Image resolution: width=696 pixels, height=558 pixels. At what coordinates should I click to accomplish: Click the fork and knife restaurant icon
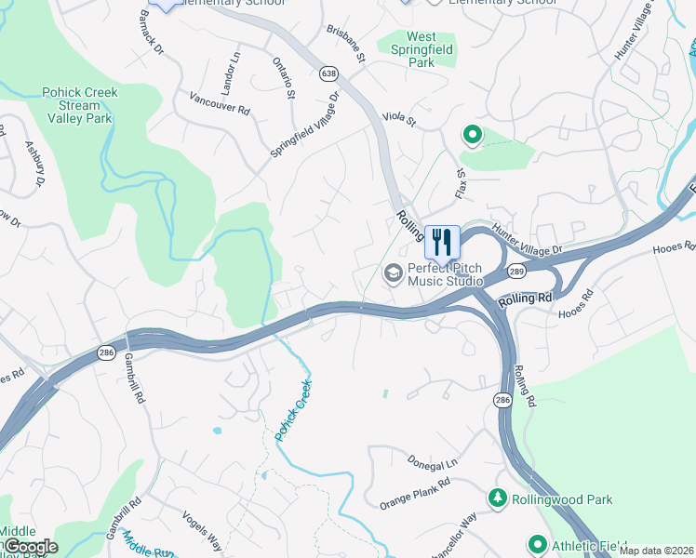(x=442, y=242)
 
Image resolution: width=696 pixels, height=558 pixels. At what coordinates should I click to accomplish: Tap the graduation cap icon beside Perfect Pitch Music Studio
(x=393, y=272)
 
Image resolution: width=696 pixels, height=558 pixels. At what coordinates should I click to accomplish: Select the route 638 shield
(x=328, y=72)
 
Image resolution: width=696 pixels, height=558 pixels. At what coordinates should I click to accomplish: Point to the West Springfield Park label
(x=422, y=50)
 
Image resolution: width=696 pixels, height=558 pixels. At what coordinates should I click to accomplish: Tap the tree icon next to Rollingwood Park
(x=499, y=499)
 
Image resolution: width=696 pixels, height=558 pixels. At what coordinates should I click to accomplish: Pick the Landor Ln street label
(x=229, y=73)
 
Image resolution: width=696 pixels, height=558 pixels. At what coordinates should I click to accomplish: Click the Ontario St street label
(x=285, y=76)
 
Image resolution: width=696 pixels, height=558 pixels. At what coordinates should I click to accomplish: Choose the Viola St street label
(x=399, y=119)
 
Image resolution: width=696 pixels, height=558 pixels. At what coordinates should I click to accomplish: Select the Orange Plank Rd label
(x=414, y=495)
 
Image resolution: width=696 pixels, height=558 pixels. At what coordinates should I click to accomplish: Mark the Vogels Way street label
(x=202, y=532)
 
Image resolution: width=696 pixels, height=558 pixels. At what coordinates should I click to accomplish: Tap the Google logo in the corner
(x=31, y=546)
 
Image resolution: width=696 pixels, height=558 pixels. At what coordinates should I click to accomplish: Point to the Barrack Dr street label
(x=151, y=32)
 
